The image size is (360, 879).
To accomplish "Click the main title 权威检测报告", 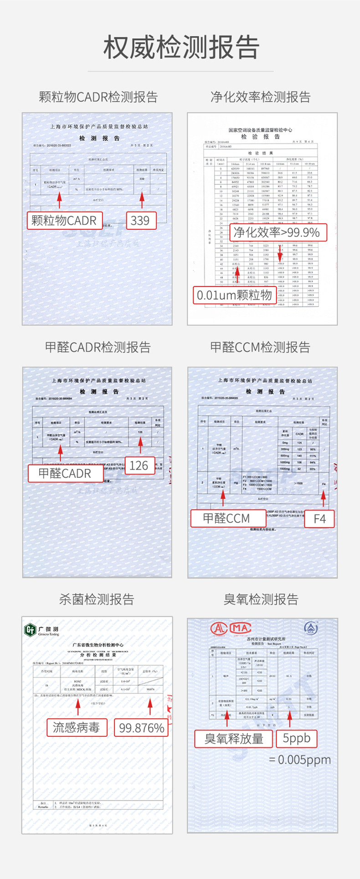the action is tap(181, 47).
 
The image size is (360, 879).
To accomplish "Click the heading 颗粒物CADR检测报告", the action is tap(98, 97).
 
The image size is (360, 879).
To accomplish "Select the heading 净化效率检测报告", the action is tap(261, 97).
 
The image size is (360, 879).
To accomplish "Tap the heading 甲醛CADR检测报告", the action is tap(98, 347).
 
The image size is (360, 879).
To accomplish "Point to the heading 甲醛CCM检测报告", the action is tap(261, 347).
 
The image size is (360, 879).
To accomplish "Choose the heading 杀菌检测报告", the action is tap(97, 599).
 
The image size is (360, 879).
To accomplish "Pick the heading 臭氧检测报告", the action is tap(261, 599).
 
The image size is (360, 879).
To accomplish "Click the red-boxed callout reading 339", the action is tap(141, 221).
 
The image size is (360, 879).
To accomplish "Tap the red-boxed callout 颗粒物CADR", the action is tap(64, 221).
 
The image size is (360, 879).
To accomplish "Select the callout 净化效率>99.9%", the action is tap(278, 233).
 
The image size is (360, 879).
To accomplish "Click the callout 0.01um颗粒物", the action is tap(234, 295).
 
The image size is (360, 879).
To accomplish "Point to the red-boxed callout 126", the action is tap(139, 465).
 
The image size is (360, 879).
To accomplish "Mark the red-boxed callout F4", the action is tap(319, 518).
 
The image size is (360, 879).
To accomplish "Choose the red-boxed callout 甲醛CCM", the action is tap(226, 518).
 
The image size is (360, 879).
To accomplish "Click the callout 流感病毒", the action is tap(77, 727).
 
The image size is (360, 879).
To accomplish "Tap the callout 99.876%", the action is tap(141, 728).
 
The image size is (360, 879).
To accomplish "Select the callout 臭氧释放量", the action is tap(234, 739).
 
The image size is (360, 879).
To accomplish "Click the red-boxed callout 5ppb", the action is tap(296, 738).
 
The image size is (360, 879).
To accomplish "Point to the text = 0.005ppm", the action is tap(300, 760).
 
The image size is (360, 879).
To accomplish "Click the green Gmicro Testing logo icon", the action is tap(30, 630).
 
